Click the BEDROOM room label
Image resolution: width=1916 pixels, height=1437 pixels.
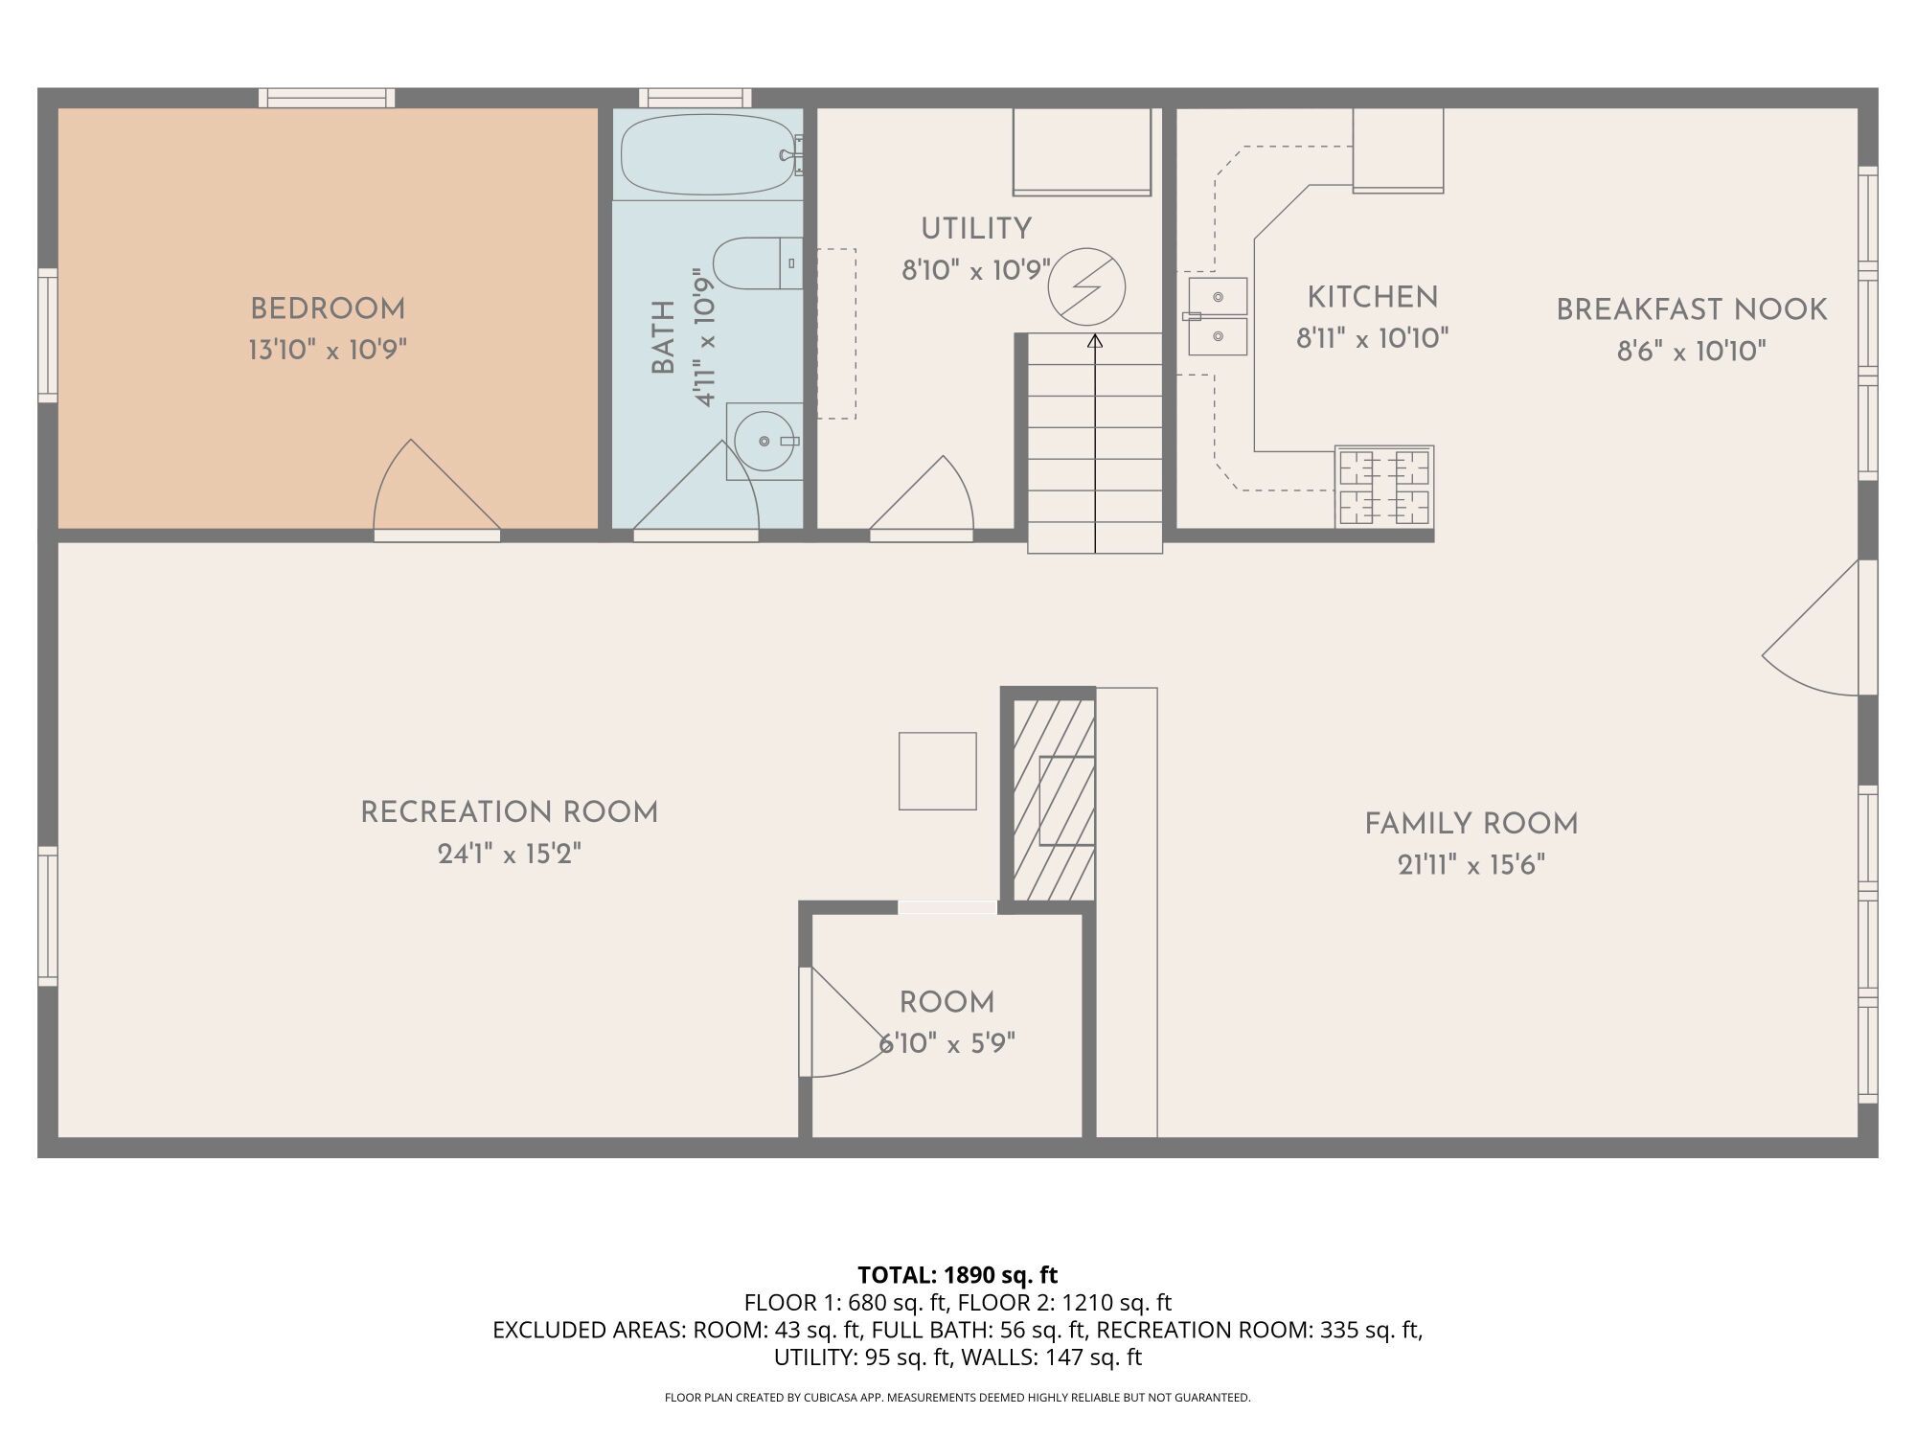[328, 309]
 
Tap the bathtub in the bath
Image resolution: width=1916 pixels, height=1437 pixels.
[707, 155]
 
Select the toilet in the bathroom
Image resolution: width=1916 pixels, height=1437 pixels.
[757, 263]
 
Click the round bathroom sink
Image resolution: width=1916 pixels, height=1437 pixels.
[764, 441]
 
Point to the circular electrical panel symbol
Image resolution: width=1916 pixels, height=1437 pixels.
[1086, 286]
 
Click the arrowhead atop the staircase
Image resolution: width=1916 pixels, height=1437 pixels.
[1095, 340]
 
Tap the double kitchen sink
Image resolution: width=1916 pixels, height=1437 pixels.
[1218, 316]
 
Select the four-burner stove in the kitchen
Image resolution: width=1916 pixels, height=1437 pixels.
[1384, 487]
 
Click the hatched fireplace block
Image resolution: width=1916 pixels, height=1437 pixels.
[1054, 800]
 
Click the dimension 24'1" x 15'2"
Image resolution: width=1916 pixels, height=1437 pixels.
[509, 854]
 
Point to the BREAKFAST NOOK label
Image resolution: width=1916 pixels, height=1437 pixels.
[1691, 309]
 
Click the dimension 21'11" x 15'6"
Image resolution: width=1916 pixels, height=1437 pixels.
[1471, 865]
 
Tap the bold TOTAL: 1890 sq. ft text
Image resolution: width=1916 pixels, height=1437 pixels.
[957, 1275]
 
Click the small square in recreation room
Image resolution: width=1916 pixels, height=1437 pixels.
[937, 771]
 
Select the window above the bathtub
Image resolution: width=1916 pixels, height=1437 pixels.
[696, 97]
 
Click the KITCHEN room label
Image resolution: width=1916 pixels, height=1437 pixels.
[1372, 298]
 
